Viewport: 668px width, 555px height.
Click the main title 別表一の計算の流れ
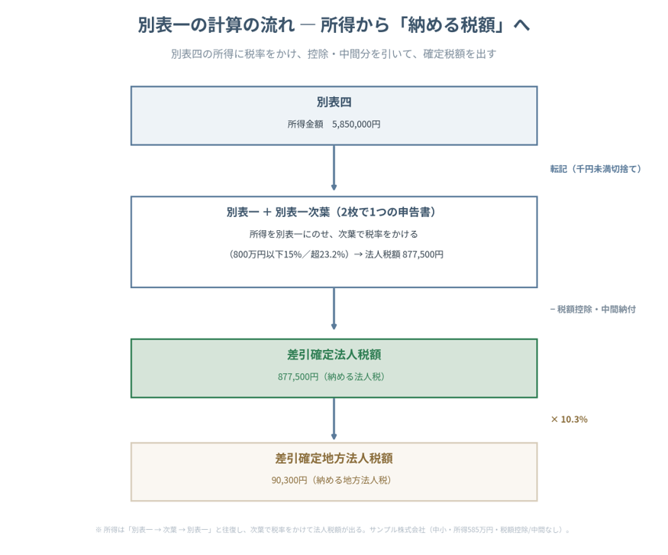point(216,25)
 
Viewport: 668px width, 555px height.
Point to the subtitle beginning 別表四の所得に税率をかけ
point(334,54)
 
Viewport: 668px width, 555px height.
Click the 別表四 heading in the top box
point(334,102)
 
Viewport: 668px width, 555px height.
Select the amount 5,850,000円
point(357,124)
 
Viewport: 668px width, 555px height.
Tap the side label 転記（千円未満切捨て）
point(595,169)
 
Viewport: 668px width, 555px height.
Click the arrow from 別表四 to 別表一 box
point(334,167)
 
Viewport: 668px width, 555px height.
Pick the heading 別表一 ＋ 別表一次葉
point(278,212)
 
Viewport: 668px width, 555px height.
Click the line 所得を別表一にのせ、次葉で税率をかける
point(334,234)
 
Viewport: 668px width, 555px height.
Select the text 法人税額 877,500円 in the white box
point(405,255)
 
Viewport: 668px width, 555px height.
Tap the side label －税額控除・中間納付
point(593,310)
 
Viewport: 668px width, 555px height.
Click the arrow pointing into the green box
point(334,309)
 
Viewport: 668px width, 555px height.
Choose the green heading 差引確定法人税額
point(334,355)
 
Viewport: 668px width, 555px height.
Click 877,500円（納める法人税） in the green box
point(331,377)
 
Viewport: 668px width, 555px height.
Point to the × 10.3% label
point(570,420)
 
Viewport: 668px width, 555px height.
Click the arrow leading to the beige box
point(334,419)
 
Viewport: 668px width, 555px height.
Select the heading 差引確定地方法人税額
point(334,459)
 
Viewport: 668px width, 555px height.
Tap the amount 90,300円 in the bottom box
point(289,480)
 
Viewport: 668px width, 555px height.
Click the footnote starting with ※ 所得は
point(333,530)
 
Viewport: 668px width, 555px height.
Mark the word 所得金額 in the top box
point(305,124)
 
